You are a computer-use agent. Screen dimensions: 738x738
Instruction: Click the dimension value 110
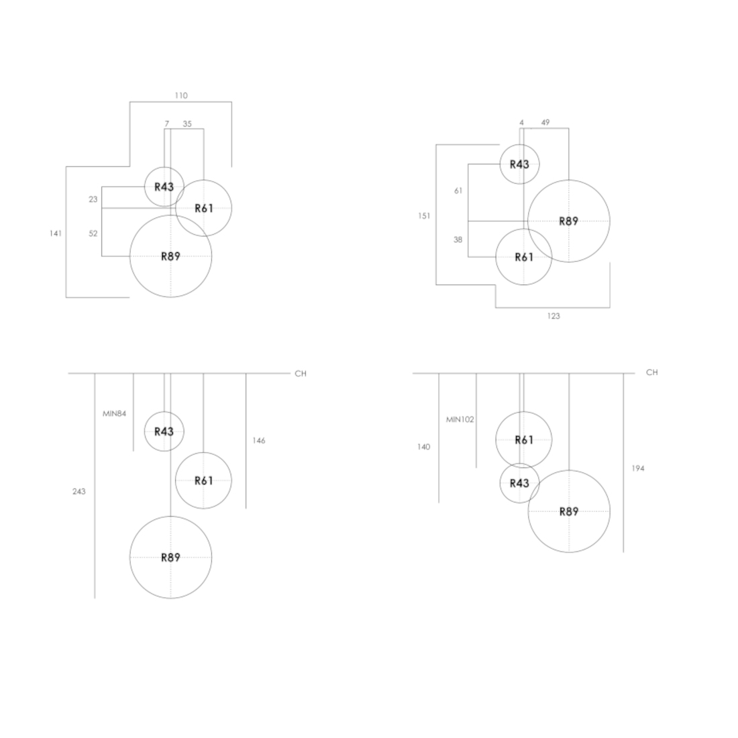[x=181, y=95]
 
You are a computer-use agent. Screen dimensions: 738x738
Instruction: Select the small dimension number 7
[x=166, y=124]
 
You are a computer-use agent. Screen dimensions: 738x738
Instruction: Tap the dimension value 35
[x=187, y=124]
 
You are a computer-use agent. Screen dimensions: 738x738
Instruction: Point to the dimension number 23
[x=93, y=199]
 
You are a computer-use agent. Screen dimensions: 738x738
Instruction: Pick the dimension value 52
[x=93, y=233]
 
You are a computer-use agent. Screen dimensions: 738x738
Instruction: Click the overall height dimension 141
[x=56, y=233]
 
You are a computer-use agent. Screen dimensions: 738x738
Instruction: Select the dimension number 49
[x=545, y=122]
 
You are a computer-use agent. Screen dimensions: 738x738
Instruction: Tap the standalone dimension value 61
[x=458, y=191]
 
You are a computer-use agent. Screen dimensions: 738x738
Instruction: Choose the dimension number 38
[x=458, y=240]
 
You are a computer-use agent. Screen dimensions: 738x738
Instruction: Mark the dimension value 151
[x=424, y=216]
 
